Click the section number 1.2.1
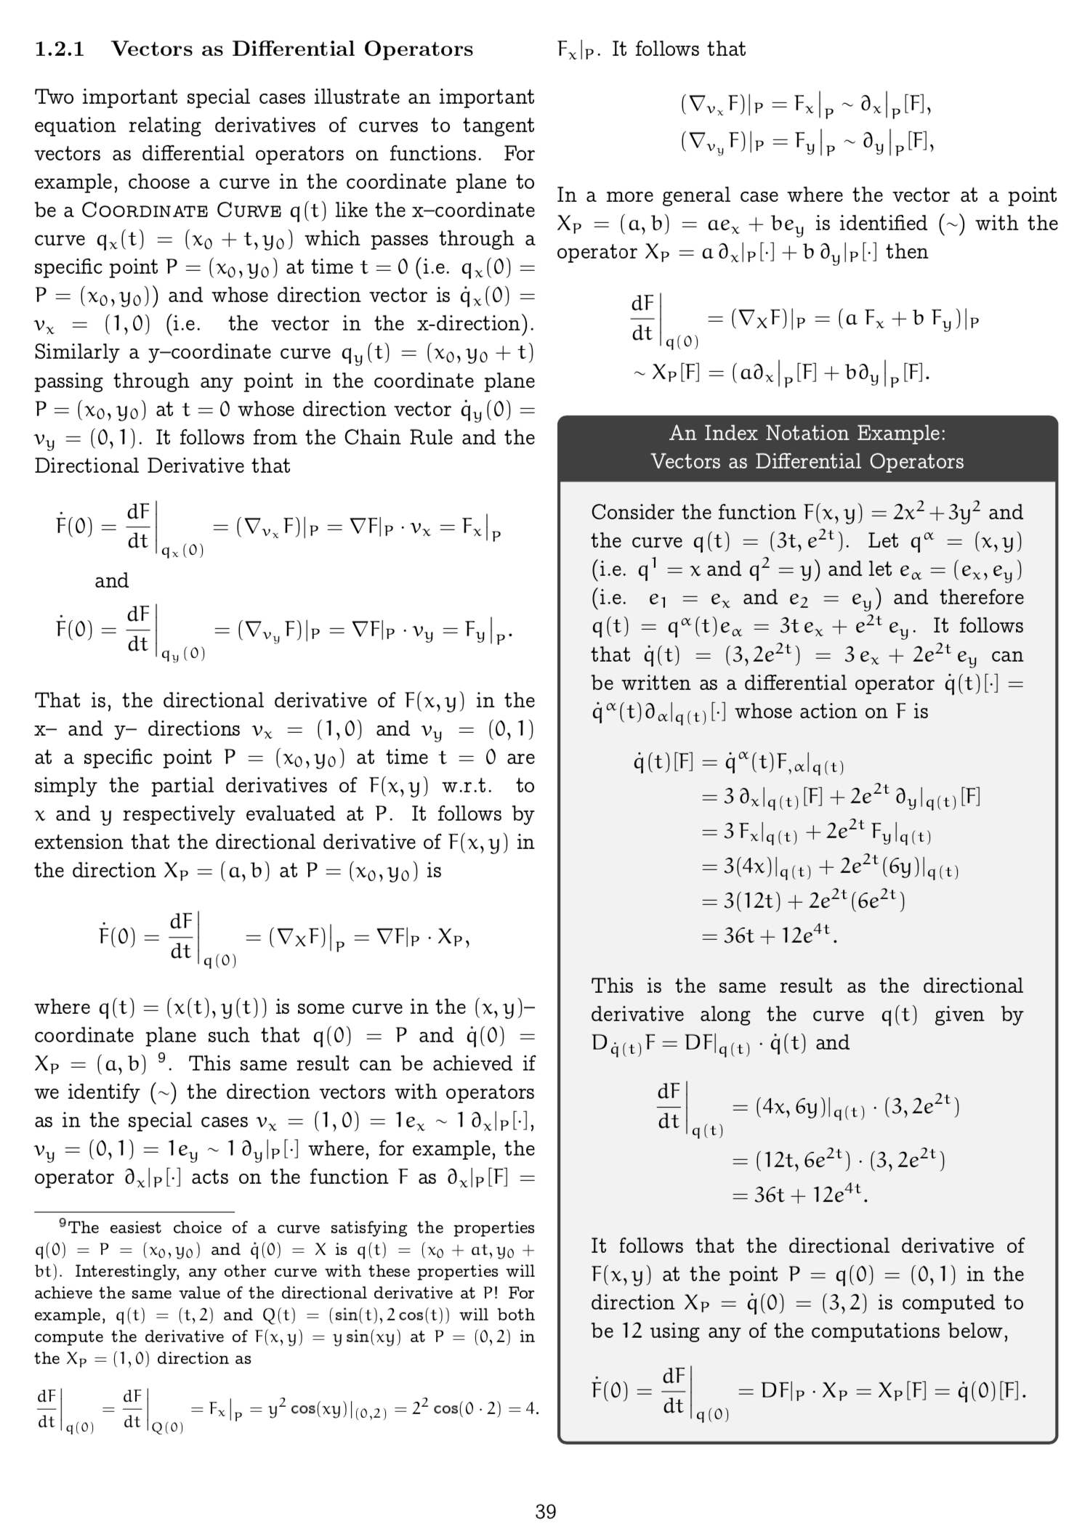click(x=60, y=49)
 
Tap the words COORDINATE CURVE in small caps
click(x=181, y=211)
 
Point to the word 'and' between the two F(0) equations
click(x=111, y=580)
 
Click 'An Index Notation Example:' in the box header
click(x=807, y=434)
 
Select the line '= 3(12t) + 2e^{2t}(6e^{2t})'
click(x=803, y=901)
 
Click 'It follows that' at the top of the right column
click(x=679, y=49)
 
